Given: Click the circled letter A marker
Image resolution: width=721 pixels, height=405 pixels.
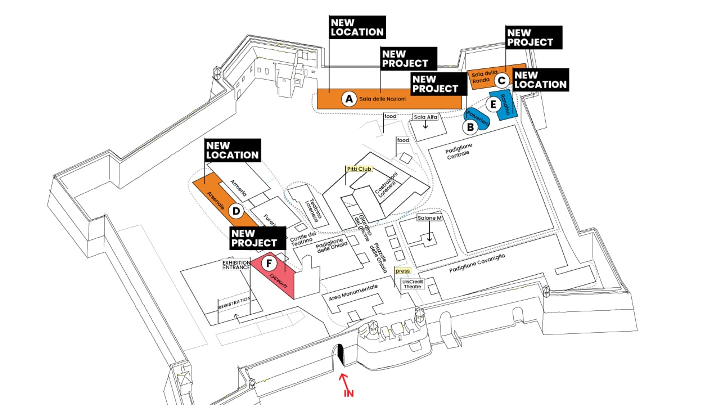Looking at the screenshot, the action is point(349,99).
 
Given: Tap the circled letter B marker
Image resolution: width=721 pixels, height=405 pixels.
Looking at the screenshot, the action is point(470,127).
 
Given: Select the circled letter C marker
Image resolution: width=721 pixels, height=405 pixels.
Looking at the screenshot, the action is point(502,80).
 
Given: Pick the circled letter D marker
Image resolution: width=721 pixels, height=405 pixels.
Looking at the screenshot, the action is point(236,211).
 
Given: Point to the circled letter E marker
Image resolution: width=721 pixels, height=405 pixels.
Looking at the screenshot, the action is point(493,104).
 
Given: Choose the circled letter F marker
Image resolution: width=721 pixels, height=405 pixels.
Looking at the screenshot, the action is point(269,263).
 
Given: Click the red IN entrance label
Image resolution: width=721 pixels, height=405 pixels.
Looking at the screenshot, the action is point(349,393).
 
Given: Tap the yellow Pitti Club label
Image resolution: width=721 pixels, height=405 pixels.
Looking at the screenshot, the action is point(359,169).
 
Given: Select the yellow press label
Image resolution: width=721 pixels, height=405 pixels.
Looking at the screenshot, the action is point(403,271).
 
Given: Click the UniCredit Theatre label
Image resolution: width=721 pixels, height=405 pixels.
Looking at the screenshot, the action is point(413,284).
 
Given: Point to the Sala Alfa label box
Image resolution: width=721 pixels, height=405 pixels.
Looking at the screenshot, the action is point(425,117).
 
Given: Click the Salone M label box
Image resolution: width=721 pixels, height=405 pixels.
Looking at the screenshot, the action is point(429,218).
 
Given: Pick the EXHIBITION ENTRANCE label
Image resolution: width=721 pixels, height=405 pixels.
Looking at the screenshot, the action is point(236,265).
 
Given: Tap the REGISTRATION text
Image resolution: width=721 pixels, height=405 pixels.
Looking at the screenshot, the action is point(234,303).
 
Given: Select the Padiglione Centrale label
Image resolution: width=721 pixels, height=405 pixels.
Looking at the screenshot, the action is point(458,151).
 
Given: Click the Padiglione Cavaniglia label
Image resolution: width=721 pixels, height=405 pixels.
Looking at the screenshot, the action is point(477,263).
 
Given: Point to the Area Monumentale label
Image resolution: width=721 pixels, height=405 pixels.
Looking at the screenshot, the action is point(353,293).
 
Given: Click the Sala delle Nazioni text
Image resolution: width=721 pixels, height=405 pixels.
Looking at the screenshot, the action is point(383,99).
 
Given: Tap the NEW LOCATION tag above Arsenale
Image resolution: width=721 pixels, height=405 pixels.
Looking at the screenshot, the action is point(233,150).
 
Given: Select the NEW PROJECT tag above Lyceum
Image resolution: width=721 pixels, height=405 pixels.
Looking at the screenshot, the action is point(258,238).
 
